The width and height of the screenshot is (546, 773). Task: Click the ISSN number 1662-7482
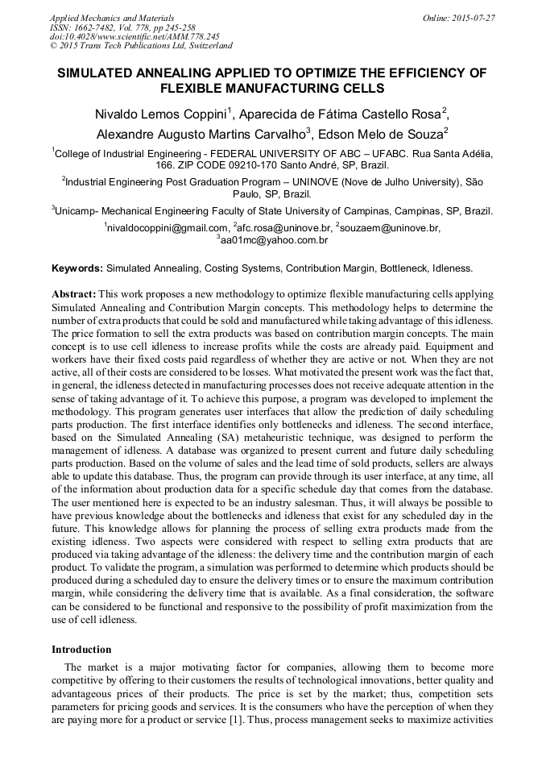pyautogui.click(x=100, y=27)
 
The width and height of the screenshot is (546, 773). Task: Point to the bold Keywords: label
pyautogui.click(x=77, y=268)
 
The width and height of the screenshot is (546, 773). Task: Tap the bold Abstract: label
pyautogui.click(x=73, y=295)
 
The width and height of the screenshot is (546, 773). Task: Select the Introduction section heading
pyautogui.click(x=81, y=649)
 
